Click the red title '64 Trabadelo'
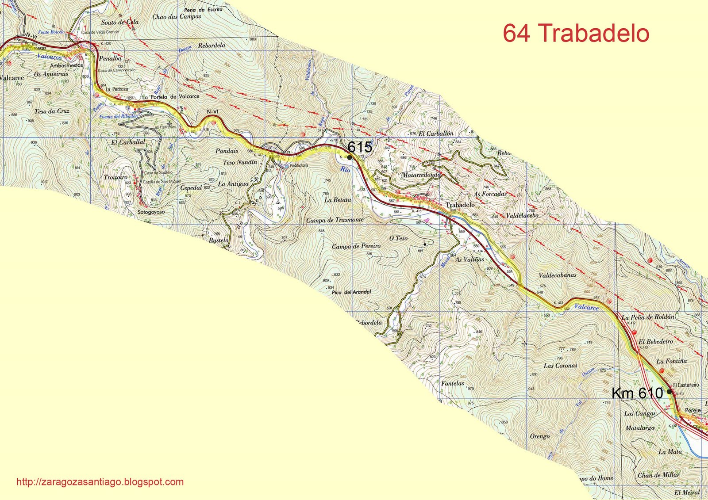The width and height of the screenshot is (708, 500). pyautogui.click(x=576, y=33)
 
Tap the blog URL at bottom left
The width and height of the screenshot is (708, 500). pyautogui.click(x=100, y=482)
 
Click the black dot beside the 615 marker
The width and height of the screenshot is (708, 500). pyautogui.click(x=350, y=157)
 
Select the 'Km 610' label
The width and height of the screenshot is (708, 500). pyautogui.click(x=637, y=393)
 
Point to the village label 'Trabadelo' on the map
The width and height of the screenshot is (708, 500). pyautogui.click(x=460, y=205)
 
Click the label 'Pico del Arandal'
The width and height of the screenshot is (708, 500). pyautogui.click(x=351, y=292)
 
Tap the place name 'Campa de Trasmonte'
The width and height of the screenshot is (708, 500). pyautogui.click(x=335, y=220)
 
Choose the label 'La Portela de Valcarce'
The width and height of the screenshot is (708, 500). pyautogui.click(x=171, y=96)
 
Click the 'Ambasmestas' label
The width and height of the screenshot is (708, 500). pyautogui.click(x=66, y=65)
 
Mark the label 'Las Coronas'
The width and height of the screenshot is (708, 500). pyautogui.click(x=560, y=366)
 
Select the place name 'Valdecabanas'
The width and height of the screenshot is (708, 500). pyautogui.click(x=558, y=275)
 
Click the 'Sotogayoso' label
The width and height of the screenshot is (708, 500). pyautogui.click(x=151, y=212)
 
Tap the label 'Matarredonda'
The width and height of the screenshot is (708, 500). pyautogui.click(x=421, y=175)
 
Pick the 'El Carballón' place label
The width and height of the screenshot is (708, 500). pyautogui.click(x=436, y=133)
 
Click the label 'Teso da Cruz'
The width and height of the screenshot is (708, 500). pyautogui.click(x=52, y=111)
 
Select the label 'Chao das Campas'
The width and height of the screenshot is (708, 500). pyautogui.click(x=177, y=17)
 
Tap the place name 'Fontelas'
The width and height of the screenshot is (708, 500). pyautogui.click(x=453, y=383)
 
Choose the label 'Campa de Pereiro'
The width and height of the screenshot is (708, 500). pyautogui.click(x=356, y=246)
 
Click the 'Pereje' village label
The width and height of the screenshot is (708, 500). pyautogui.click(x=693, y=410)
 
